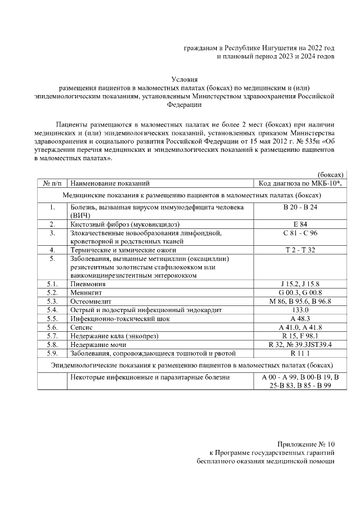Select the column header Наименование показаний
coord(110,183)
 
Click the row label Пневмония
coord(89,285)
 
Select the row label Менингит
coord(87,293)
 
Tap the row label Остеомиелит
coord(91,301)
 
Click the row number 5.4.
coord(53,310)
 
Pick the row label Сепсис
coord(82,327)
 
